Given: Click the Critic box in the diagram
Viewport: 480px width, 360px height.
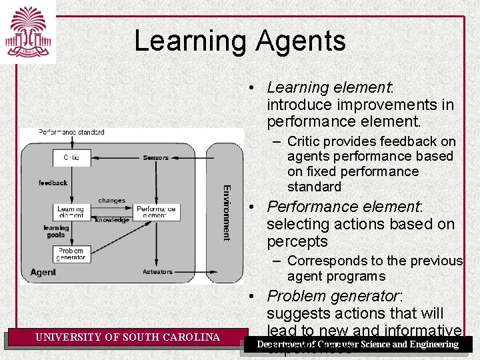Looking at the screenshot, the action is click(x=71, y=158).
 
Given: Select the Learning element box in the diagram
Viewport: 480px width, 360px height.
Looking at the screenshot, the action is click(x=71, y=212).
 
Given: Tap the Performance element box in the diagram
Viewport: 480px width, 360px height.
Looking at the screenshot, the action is click(x=156, y=212).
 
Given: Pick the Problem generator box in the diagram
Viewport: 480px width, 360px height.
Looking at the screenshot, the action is click(x=71, y=254).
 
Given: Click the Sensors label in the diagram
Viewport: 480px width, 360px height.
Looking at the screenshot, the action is click(x=155, y=158).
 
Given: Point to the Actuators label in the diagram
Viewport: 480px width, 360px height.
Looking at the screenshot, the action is click(x=157, y=272).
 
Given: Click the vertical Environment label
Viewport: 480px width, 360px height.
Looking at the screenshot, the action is click(x=226, y=212).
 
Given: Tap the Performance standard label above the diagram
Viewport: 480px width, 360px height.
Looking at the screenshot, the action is click(x=71, y=132).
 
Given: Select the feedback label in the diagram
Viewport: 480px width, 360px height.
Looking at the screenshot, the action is click(x=53, y=183).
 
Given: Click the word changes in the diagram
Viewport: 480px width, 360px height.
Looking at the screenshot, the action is click(x=111, y=201).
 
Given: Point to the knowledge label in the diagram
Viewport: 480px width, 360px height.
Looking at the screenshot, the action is click(x=112, y=220).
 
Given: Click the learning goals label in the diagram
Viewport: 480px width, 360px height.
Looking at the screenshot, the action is click(x=56, y=231).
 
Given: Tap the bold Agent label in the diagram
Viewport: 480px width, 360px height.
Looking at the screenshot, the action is click(x=43, y=273).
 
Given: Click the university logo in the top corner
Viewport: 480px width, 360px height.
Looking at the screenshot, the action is click(x=28, y=31).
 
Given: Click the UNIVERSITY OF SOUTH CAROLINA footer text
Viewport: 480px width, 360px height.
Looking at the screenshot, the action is click(x=127, y=337).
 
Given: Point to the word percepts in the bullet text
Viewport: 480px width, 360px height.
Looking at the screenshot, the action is click(x=297, y=241).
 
